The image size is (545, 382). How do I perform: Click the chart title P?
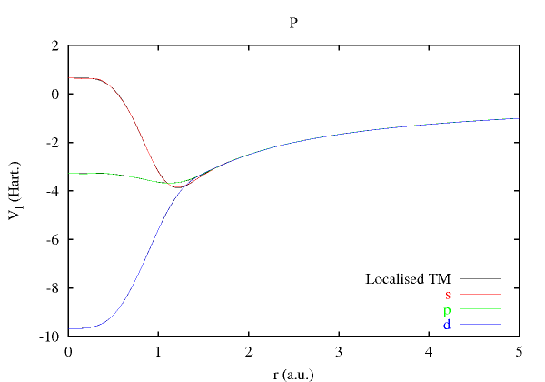(x=292, y=23)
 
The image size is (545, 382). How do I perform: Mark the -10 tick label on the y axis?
(x=50, y=337)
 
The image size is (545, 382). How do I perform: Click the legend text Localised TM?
(x=408, y=278)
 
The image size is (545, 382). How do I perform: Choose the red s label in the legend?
(x=448, y=294)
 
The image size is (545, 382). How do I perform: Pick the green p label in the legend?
(x=448, y=310)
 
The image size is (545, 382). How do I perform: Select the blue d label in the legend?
(x=448, y=325)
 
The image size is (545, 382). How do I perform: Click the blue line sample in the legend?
(x=481, y=325)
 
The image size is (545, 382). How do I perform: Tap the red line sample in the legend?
(x=481, y=294)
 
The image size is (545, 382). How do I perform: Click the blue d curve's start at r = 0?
(x=69, y=328)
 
